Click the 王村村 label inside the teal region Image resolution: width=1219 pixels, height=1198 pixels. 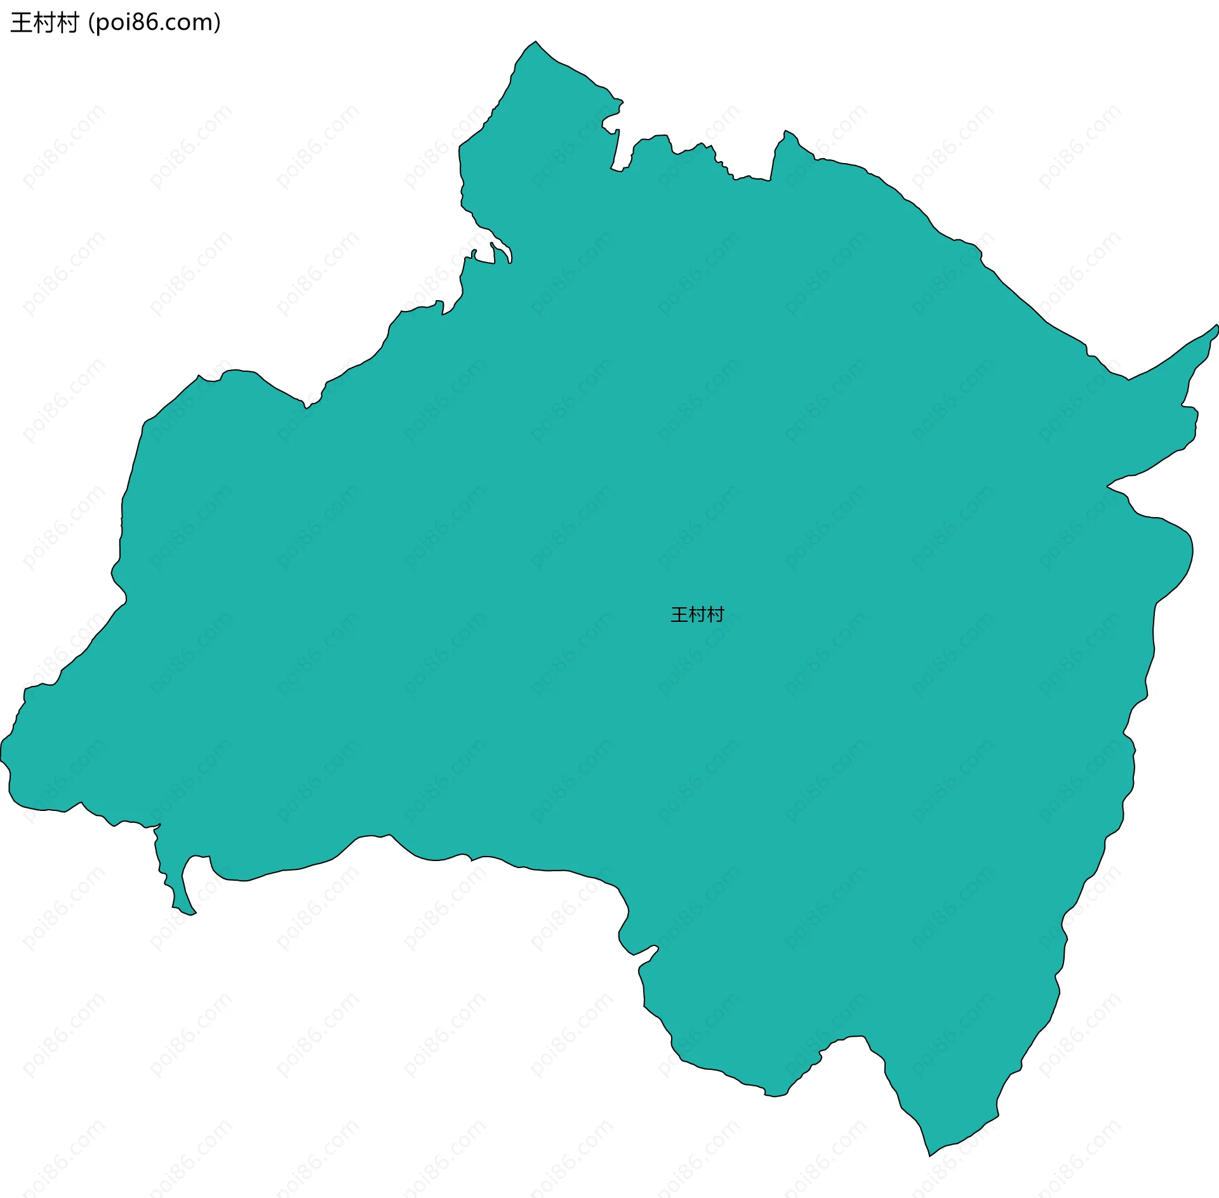(x=697, y=614)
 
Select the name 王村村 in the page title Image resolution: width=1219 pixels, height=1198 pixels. (x=44, y=23)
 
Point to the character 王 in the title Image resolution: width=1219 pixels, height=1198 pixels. (x=21, y=23)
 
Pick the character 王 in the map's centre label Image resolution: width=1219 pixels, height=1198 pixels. (x=679, y=614)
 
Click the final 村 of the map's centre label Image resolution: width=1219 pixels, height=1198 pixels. (x=716, y=614)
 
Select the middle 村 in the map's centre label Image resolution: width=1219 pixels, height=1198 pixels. (x=697, y=614)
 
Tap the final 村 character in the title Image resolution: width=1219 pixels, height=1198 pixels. (x=67, y=23)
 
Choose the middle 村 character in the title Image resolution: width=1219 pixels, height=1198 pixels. (x=44, y=23)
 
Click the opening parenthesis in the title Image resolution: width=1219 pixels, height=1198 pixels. (x=91, y=23)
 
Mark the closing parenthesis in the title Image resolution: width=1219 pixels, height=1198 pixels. (x=218, y=23)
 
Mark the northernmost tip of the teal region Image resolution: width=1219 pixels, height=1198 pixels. (x=536, y=43)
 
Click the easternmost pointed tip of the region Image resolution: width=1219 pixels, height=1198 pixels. (x=1216, y=326)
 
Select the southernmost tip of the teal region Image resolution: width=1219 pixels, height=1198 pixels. (x=930, y=1155)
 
